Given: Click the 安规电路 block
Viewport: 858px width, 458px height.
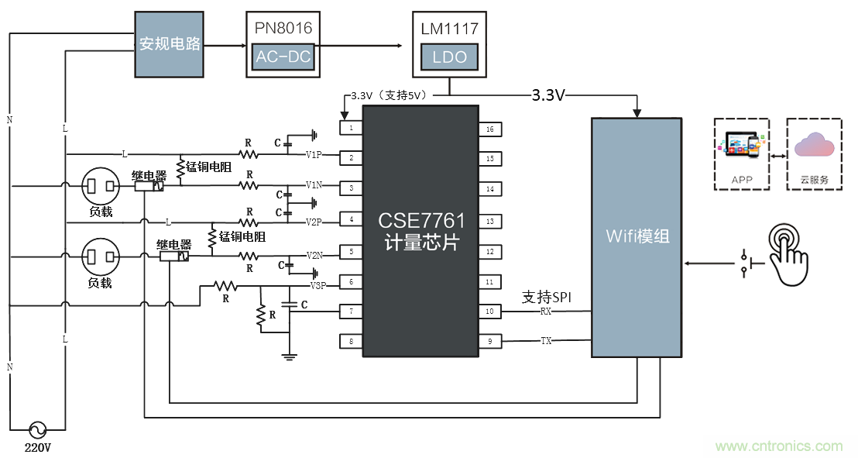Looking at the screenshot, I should [169, 44].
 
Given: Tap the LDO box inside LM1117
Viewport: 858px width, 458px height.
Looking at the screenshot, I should [449, 57].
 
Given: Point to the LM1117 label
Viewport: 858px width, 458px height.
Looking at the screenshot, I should [449, 29].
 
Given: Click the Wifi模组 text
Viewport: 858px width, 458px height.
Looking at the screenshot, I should [637, 236].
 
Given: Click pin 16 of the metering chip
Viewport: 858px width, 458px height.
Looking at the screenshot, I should [489, 129].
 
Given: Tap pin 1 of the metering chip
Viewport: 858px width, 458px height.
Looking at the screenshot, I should [351, 127].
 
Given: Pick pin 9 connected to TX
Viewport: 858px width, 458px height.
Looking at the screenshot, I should [489, 340].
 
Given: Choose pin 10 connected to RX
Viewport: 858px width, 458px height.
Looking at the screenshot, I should [489, 311].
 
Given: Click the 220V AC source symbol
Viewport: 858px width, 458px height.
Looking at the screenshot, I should [36, 429].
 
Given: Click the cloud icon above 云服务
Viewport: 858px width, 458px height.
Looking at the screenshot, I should [814, 146].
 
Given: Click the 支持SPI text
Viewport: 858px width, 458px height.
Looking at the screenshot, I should [546, 297].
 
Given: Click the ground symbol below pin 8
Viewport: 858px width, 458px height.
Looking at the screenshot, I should [289, 357].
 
